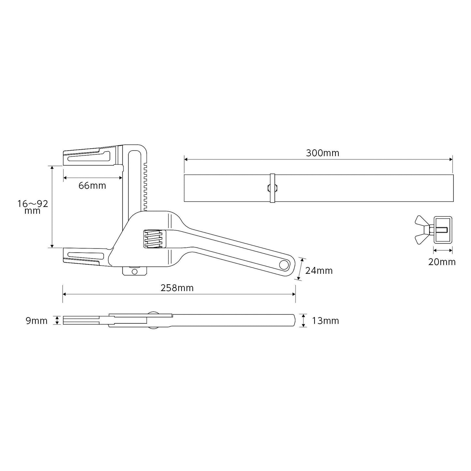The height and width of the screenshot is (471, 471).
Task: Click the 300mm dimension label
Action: click(x=322, y=153)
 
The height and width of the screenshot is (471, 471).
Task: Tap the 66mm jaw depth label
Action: click(x=92, y=186)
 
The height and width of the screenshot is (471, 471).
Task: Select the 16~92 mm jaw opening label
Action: click(x=33, y=207)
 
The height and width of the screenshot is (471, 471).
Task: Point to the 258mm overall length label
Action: click(x=177, y=288)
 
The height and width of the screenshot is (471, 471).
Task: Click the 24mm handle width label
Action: click(x=319, y=271)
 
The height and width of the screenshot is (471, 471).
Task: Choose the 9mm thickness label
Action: click(x=37, y=321)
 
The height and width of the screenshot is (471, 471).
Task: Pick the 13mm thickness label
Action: click(x=325, y=321)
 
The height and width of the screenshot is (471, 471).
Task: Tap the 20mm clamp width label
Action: click(x=442, y=262)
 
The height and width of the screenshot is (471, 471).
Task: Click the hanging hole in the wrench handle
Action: click(x=284, y=265)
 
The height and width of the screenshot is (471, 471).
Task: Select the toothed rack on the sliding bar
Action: click(x=145, y=186)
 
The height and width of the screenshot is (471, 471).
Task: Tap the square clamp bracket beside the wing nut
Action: click(x=443, y=230)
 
